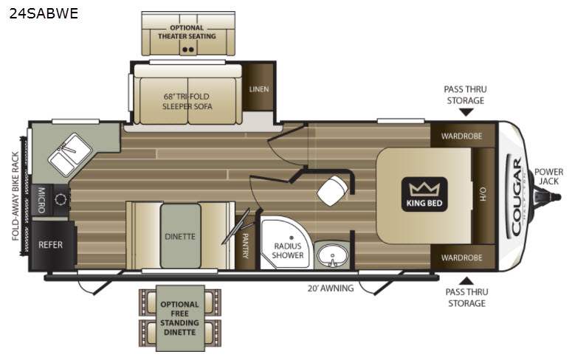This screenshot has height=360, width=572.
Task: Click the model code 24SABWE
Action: [x=44, y=13]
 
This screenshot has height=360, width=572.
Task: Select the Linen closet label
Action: [x=259, y=89]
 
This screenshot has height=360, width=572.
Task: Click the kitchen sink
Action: [x=70, y=154]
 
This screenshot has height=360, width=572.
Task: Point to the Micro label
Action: [x=41, y=200]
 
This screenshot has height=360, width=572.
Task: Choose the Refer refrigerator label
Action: [x=50, y=245]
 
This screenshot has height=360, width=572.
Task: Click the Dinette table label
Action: [x=180, y=236]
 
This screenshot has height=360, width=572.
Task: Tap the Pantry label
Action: [x=246, y=246]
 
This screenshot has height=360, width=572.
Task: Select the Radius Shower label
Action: [x=288, y=251]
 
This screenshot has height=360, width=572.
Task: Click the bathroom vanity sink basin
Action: [x=332, y=255]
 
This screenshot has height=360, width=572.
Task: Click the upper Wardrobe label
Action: [x=461, y=136]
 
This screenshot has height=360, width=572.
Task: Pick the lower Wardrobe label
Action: [x=461, y=257]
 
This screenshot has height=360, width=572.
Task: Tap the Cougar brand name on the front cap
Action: [x=517, y=196]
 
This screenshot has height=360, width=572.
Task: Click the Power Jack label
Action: [x=548, y=176]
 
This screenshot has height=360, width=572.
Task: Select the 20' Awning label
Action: [x=331, y=288]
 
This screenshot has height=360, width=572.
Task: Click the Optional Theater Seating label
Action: [x=187, y=32]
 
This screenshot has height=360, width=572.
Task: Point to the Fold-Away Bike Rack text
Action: [x=15, y=196]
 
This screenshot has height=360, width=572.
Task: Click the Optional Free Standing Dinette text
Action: [x=179, y=318]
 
